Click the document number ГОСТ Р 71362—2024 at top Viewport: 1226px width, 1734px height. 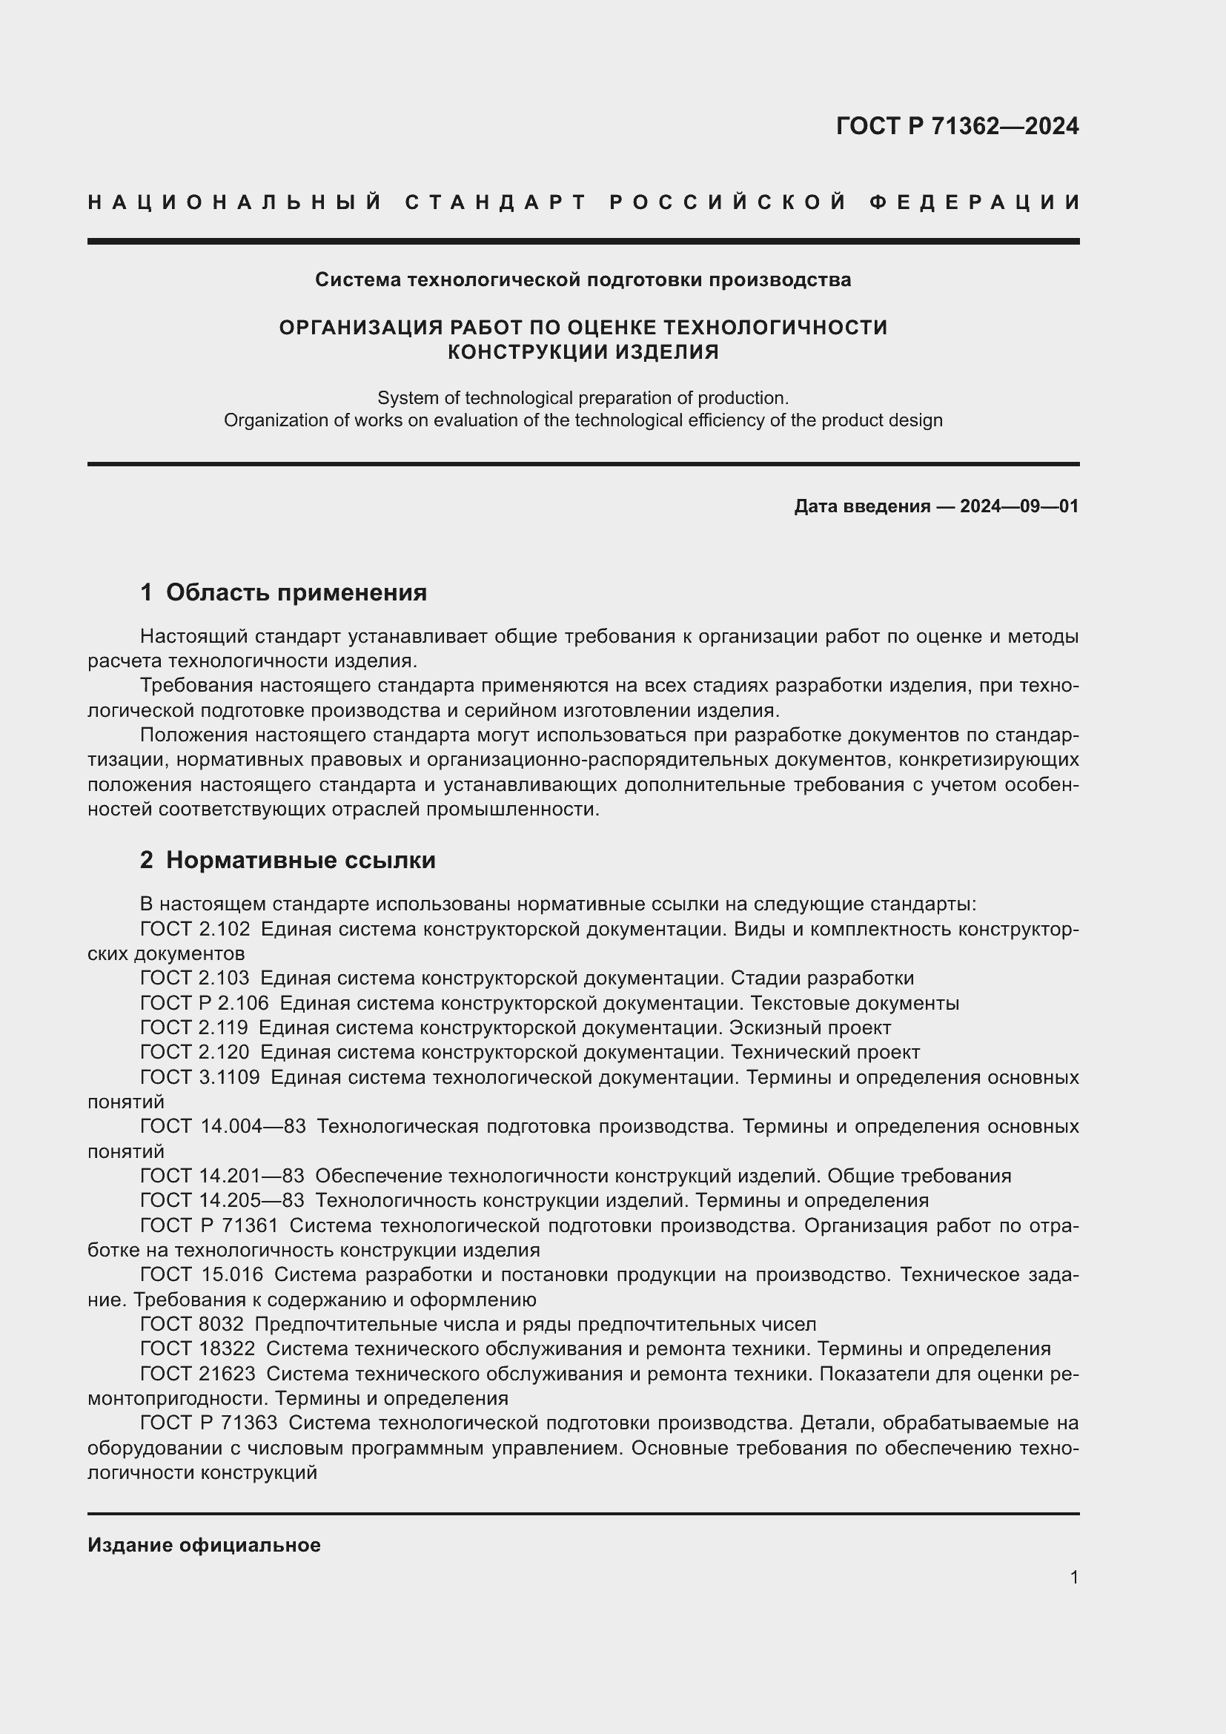(x=956, y=126)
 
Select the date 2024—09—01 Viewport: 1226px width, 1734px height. (x=1018, y=506)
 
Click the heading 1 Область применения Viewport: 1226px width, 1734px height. (x=283, y=592)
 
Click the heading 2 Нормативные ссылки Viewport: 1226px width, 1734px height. (x=288, y=859)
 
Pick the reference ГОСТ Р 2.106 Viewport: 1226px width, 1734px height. (x=204, y=1003)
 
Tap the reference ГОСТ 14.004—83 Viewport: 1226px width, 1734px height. (x=222, y=1126)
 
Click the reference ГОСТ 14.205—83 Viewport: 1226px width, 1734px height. (x=222, y=1200)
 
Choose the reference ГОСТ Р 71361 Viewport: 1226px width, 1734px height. (x=209, y=1225)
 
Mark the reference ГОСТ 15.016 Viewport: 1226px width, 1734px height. (x=202, y=1274)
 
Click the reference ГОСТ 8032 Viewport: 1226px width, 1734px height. (x=192, y=1324)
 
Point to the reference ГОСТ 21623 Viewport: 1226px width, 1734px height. (x=197, y=1373)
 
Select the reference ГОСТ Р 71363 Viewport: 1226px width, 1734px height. (x=208, y=1423)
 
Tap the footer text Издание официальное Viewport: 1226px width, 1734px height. (x=204, y=1545)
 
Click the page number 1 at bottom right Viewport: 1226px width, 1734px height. (x=1073, y=1577)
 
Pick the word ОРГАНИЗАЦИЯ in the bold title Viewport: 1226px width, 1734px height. (x=360, y=327)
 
